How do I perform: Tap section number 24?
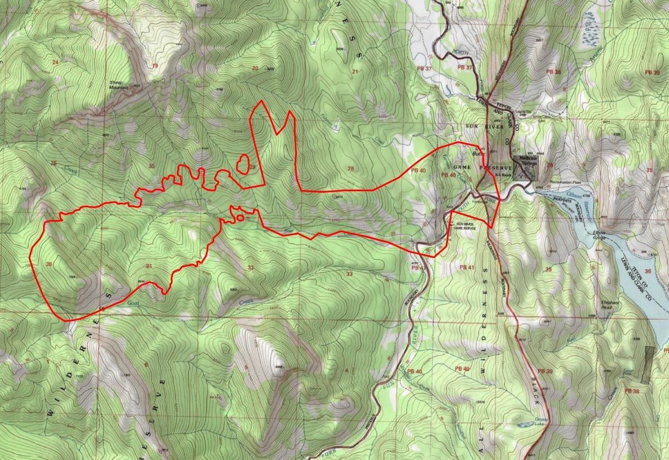click(x=55, y=61)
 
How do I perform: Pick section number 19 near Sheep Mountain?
click(x=154, y=66)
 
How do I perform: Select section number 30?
click(x=151, y=166)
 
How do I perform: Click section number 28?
click(x=351, y=169)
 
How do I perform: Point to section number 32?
click(x=250, y=268)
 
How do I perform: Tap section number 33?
click(x=350, y=274)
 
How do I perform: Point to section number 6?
click(x=146, y=365)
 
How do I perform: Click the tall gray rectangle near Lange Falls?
click(x=648, y=364)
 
